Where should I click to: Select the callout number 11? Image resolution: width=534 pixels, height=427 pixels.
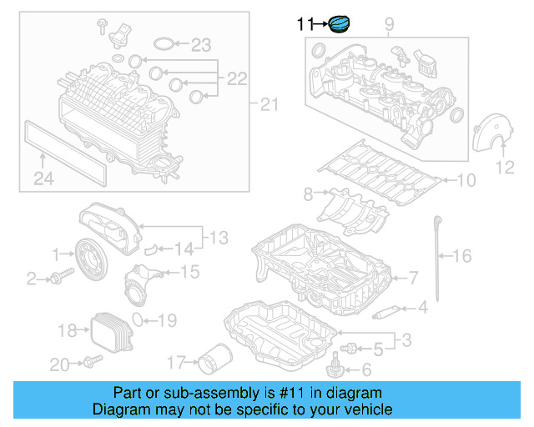click(x=305, y=25)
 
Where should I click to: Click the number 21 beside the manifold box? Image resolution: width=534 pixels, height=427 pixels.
click(x=267, y=104)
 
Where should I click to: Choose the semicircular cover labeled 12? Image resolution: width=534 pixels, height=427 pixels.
click(x=487, y=135)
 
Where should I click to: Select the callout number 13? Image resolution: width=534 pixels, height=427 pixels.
click(x=218, y=239)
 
